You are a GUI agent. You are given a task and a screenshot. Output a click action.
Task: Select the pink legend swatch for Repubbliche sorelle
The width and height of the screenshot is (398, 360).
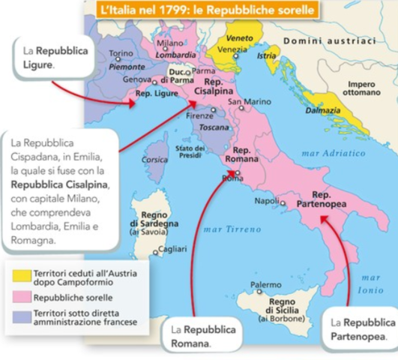coord(20,296)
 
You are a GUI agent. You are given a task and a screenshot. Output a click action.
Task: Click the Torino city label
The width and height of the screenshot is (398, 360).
coord(120,53)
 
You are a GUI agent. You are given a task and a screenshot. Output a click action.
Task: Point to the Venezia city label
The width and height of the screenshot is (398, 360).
coord(232,49)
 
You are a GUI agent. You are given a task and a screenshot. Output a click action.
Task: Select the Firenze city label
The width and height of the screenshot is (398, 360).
coord(199,116)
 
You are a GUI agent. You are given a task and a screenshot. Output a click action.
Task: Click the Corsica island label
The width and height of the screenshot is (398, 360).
coord(155,159)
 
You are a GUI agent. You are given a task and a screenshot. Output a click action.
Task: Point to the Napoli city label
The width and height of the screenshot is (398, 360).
coord(267,201)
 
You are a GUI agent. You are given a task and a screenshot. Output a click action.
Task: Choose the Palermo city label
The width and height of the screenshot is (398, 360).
coord(265,285)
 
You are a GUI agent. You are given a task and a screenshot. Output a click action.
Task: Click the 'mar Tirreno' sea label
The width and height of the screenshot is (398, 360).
coord(226,228)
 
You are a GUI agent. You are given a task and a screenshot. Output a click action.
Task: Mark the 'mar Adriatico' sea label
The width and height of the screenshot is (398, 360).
coord(333,153)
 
